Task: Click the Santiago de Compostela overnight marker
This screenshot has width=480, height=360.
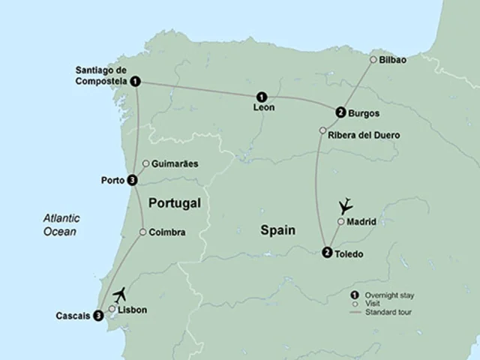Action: (x=134, y=81)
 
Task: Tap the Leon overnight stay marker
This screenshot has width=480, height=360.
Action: (x=262, y=96)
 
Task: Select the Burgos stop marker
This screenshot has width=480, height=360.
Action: (x=340, y=112)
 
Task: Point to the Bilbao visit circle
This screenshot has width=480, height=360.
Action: (x=373, y=59)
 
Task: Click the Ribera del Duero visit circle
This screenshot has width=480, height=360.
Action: (x=322, y=131)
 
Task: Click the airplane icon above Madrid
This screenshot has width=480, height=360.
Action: (x=346, y=204)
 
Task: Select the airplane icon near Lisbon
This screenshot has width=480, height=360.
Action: (x=122, y=294)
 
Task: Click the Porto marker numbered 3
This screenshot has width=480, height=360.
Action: (x=132, y=180)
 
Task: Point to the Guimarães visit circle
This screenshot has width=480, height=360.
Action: (x=145, y=163)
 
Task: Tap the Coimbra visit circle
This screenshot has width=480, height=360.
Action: (x=142, y=232)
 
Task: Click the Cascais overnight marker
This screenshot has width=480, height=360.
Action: (x=98, y=316)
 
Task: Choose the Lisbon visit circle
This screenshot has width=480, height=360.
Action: (x=112, y=308)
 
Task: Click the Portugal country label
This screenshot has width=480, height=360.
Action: (x=175, y=203)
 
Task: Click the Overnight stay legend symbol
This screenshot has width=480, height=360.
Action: (x=353, y=294)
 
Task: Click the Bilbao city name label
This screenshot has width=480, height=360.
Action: (x=394, y=59)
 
